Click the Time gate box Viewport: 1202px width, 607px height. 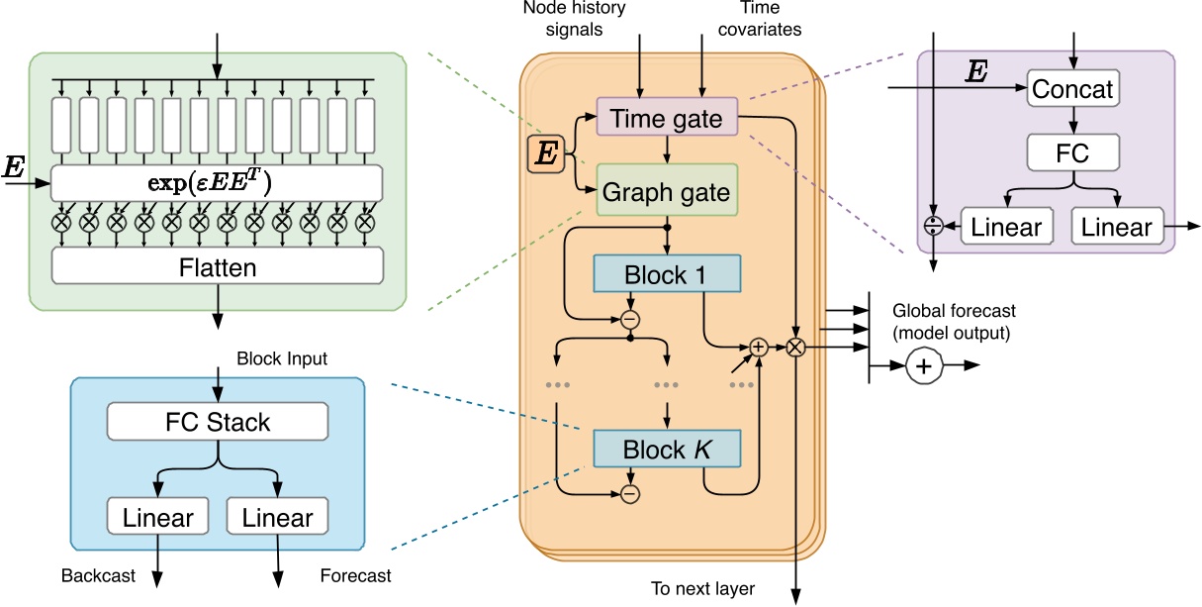tap(667, 117)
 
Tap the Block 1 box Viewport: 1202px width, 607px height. tap(667, 274)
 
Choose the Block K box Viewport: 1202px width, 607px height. tap(667, 450)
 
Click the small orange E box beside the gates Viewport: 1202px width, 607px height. tap(545, 153)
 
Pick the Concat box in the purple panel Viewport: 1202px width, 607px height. tap(1071, 89)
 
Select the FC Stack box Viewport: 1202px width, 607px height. tap(218, 423)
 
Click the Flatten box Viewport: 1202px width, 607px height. tap(217, 266)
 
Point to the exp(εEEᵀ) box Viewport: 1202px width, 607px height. tap(217, 183)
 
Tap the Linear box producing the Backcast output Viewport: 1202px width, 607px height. tap(157, 516)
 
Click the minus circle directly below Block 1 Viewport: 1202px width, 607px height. tap(630, 319)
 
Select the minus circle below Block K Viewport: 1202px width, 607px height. tap(630, 492)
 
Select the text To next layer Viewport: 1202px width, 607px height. tap(702, 588)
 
